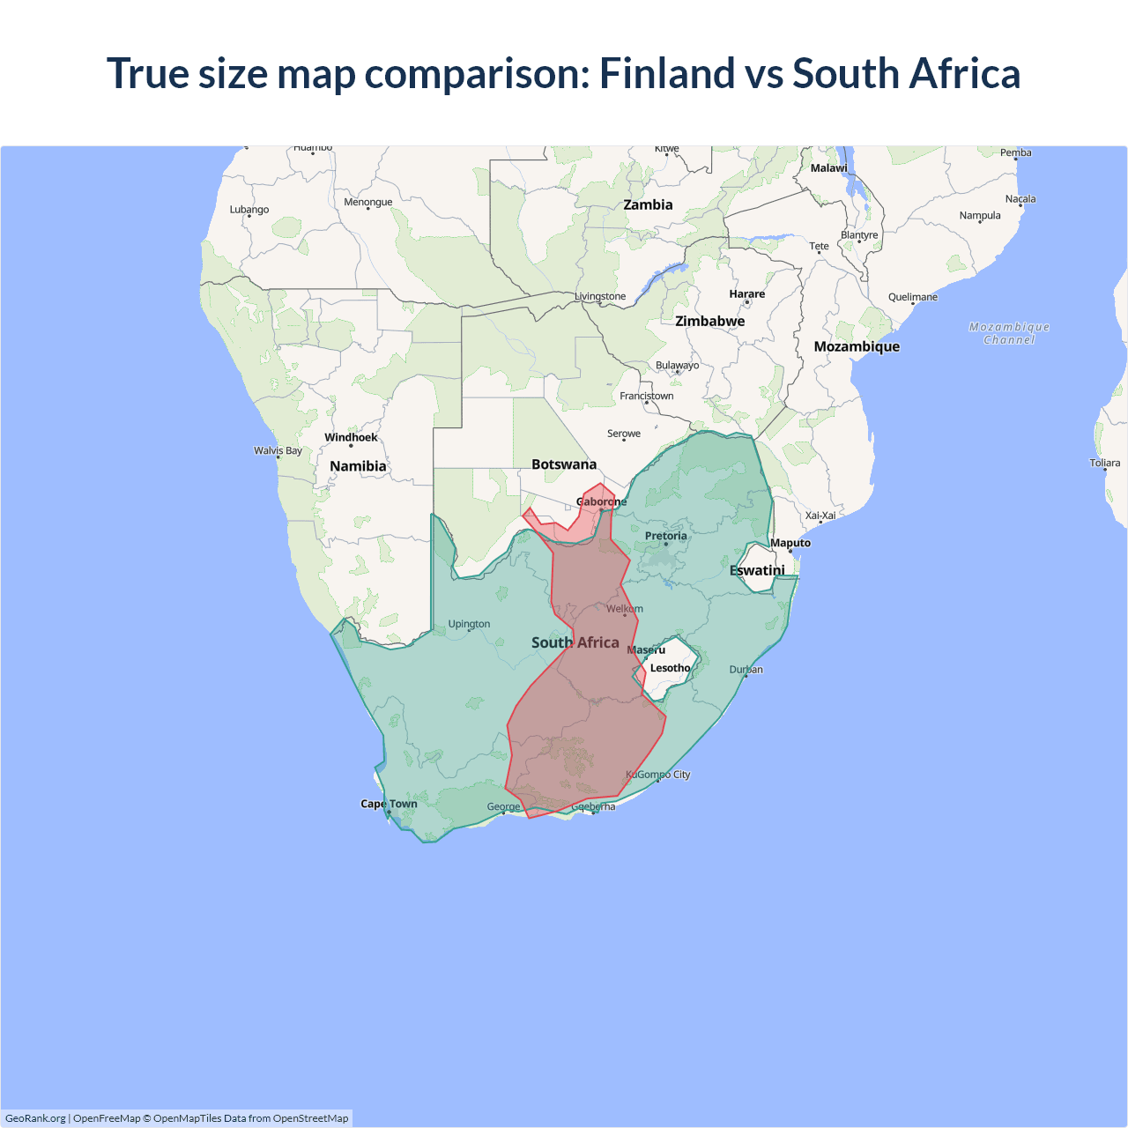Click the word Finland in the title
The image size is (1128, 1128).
pos(666,73)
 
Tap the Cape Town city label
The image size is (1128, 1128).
pos(389,804)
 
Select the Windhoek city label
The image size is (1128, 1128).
pos(351,437)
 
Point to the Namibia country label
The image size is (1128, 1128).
pos(358,466)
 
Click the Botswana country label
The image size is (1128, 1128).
pos(564,464)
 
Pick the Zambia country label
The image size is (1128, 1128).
pos(648,204)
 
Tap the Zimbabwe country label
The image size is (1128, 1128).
pos(709,321)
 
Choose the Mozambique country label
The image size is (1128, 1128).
pos(857,346)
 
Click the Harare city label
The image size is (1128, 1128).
pos(746,294)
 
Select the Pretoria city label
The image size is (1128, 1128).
pos(665,536)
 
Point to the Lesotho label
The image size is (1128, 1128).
pos(670,668)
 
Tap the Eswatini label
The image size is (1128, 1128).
pos(757,570)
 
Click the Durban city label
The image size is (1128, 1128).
pos(746,670)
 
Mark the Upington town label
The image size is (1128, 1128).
pos(469,624)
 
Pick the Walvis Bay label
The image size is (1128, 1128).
pos(278,450)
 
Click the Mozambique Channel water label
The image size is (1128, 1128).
pos(1009,333)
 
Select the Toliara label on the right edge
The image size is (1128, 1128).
pos(1104,463)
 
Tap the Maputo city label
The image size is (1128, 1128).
pos(790,543)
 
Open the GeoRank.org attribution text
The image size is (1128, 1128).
pos(35,1118)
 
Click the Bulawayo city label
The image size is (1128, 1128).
pos(677,365)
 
